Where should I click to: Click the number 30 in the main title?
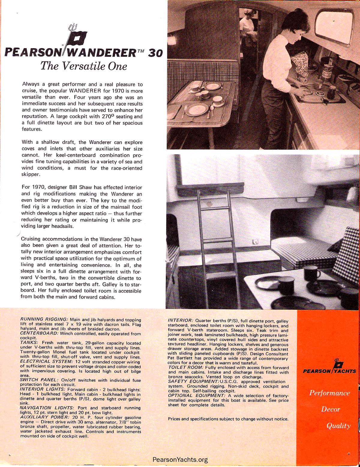pyautogui.click(x=155, y=53)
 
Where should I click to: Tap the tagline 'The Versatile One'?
pyautogui.click(x=84, y=66)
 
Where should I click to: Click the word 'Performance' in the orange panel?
pyautogui.click(x=329, y=393)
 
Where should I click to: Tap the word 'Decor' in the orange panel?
pyautogui.click(x=331, y=409)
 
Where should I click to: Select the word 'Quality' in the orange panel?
pyautogui.click(x=338, y=426)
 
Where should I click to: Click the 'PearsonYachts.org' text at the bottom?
pyautogui.click(x=180, y=460)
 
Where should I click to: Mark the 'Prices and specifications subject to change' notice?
pyautogui.click(x=228, y=419)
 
